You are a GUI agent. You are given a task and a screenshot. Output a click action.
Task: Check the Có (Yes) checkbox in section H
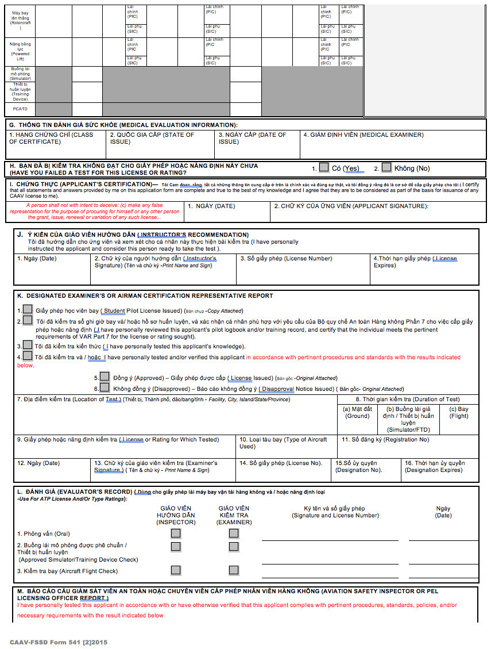[324, 167]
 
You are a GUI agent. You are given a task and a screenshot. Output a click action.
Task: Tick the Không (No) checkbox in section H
[386, 167]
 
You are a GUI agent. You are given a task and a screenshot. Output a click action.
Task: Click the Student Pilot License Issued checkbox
[28, 310]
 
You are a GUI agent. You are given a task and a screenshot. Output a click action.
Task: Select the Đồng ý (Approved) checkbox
[105, 377]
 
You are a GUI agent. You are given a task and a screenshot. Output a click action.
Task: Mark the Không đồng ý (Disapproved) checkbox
[105, 388]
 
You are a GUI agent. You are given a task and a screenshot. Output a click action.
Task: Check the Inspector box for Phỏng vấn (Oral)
[176, 533]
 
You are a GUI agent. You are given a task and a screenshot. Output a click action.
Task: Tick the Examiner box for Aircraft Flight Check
[234, 570]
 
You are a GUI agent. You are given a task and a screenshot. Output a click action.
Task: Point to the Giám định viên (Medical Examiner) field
[364, 135]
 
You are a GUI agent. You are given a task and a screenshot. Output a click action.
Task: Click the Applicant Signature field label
[351, 206]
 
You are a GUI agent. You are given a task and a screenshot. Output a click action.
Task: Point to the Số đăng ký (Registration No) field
[385, 440]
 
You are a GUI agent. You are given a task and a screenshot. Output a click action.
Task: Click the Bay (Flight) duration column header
[459, 412]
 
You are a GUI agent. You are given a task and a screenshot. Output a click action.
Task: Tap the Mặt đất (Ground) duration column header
[357, 412]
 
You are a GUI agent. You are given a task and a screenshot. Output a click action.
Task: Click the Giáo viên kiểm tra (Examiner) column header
[234, 515]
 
